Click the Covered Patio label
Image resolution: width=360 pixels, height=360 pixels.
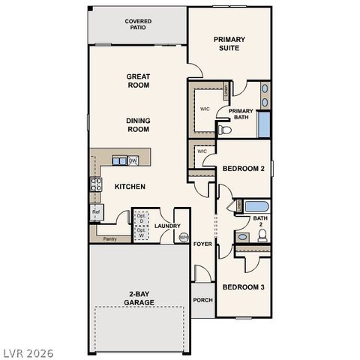pos(138,25)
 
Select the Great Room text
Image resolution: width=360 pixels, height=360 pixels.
pos(138,80)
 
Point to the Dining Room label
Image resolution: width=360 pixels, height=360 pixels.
pos(138,124)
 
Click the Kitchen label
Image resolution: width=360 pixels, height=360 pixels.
pos(130,187)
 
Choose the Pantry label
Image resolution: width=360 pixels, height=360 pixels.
pos(109,239)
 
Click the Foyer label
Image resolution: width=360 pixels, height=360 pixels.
pos(202,244)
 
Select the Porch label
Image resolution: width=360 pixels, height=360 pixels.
pos(202,300)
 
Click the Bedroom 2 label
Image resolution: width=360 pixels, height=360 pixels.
pos(244,169)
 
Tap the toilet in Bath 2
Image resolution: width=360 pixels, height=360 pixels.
pos(262,235)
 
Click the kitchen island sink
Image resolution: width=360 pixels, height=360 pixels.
pos(119,160)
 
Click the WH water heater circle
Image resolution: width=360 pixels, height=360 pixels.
pos(183,238)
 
